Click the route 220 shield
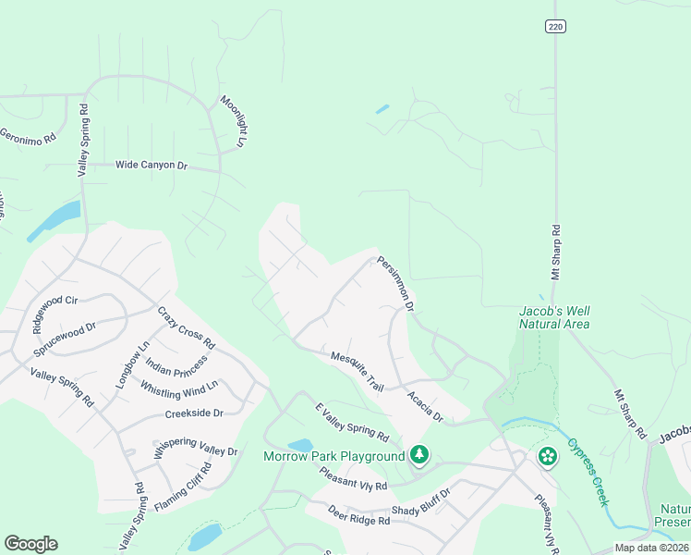[x=554, y=27]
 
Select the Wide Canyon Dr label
[x=152, y=166]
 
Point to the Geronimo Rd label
[x=28, y=135]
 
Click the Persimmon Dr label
[x=395, y=282]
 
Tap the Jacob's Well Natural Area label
[x=554, y=317]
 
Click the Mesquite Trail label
[x=357, y=369]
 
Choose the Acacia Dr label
[x=425, y=405]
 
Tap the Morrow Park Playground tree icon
[x=420, y=454]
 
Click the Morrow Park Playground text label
[x=334, y=456]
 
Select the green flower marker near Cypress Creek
[x=548, y=456]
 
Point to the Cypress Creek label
[x=588, y=471]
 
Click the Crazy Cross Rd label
[x=187, y=327]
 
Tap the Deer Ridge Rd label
[x=358, y=515]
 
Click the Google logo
[x=30, y=544]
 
